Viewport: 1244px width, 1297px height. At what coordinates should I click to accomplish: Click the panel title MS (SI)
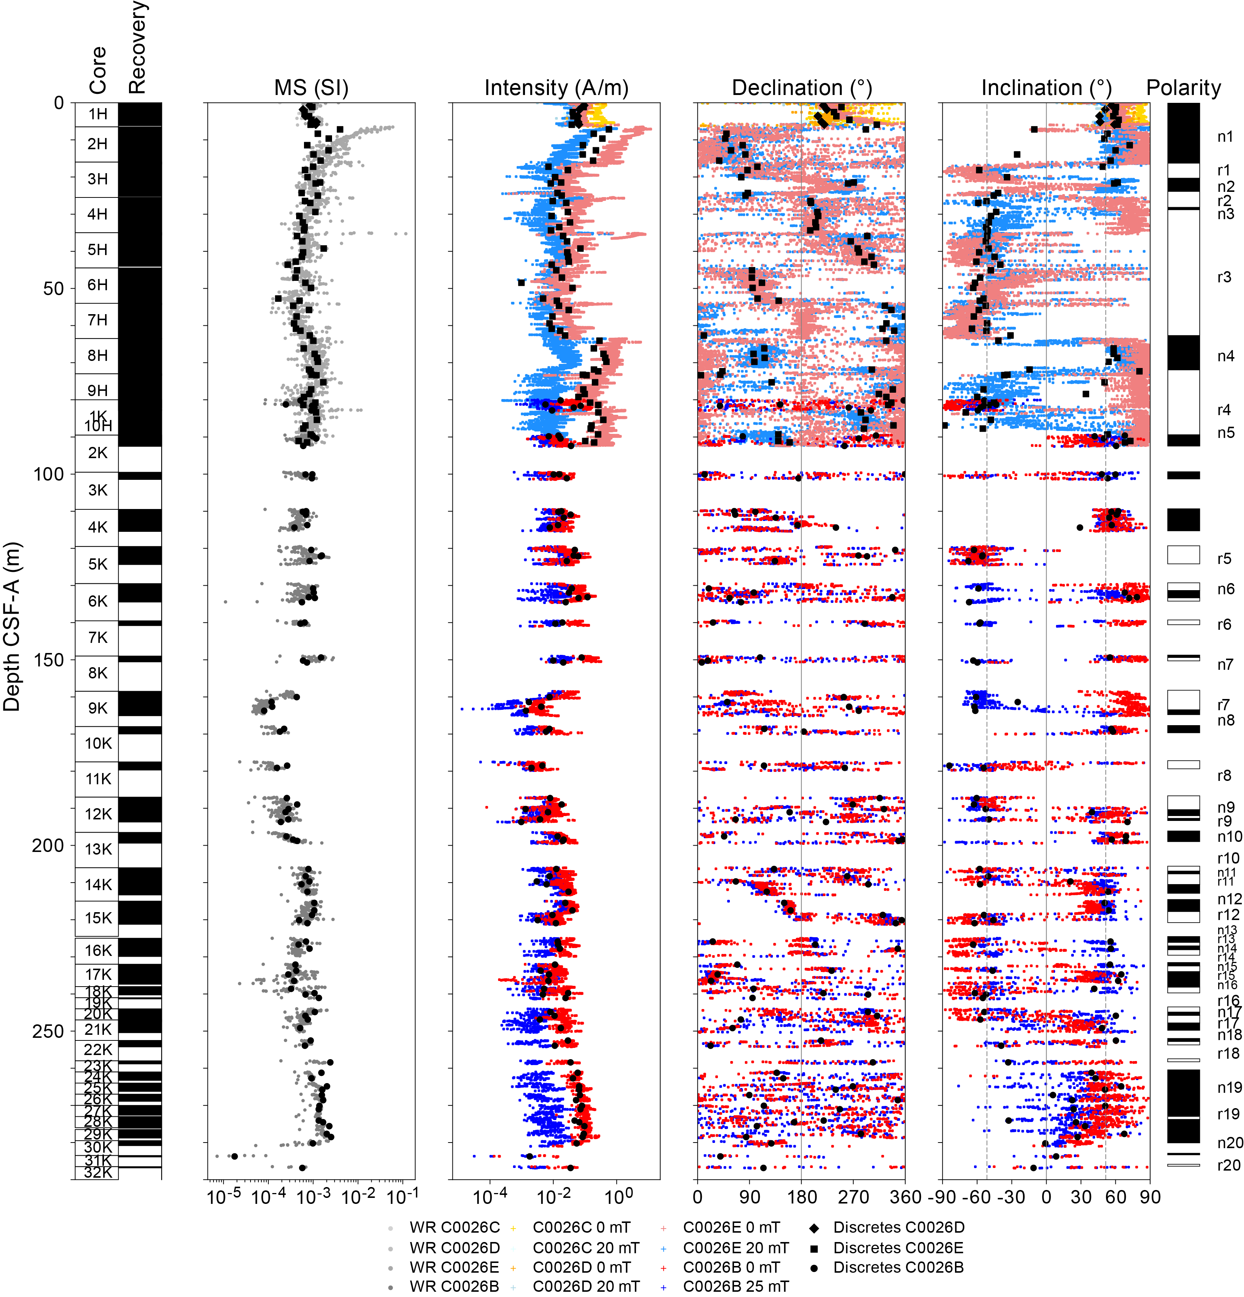point(311,88)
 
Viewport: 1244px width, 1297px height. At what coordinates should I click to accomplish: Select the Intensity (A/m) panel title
point(556,88)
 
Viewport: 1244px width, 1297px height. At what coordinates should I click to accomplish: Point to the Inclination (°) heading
point(1045,88)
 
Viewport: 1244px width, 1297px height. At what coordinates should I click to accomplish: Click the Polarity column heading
point(1183,88)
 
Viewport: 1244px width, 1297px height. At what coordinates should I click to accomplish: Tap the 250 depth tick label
point(48,1031)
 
